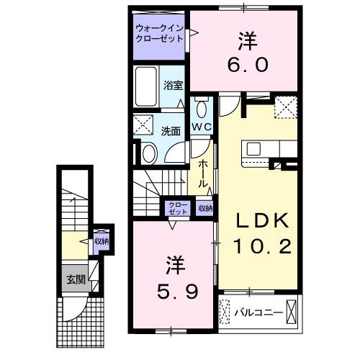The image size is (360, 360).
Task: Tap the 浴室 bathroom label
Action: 173,85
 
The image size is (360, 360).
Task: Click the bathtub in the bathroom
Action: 147,86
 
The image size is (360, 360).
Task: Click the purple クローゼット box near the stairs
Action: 176,208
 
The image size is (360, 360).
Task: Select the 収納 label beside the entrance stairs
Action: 101,241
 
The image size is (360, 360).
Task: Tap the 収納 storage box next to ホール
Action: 205,208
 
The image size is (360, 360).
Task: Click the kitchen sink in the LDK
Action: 255,149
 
